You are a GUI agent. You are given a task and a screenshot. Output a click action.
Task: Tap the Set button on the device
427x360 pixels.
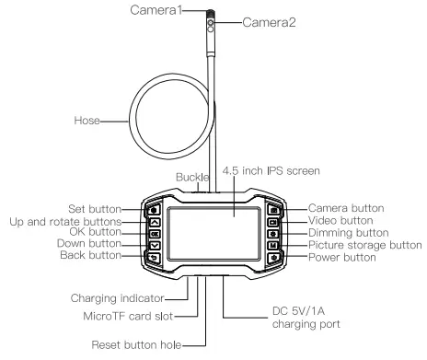pyautogui.click(x=153, y=210)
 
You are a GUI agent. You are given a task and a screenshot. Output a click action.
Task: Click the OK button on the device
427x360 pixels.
pyautogui.click(x=153, y=234)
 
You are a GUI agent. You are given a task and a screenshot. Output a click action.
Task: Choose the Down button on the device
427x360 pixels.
pyautogui.click(x=153, y=246)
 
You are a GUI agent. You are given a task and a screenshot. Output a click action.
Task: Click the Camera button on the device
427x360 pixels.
pyautogui.click(x=272, y=210)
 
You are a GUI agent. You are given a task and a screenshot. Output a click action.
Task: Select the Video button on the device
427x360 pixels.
pyautogui.click(x=272, y=222)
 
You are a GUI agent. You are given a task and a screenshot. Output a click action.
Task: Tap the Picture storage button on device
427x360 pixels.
pyautogui.click(x=272, y=247)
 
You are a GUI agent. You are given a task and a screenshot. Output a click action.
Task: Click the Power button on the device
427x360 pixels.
pyautogui.click(x=272, y=259)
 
